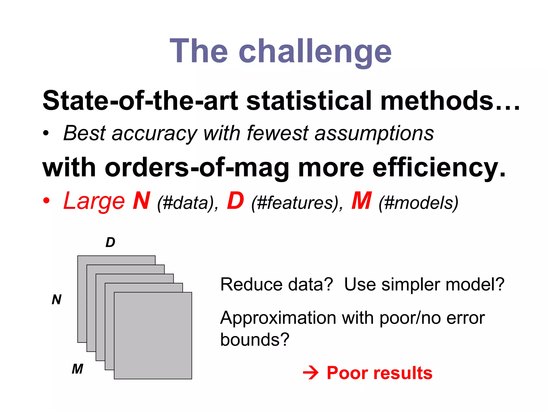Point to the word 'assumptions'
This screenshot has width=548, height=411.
(x=374, y=134)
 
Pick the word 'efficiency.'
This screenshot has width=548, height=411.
(x=439, y=168)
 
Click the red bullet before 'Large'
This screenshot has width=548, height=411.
(x=46, y=201)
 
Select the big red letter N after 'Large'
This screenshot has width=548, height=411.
(x=141, y=201)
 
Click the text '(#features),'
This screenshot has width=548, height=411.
(x=297, y=203)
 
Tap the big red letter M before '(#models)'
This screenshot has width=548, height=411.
(x=361, y=201)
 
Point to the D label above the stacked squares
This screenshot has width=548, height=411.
(x=110, y=242)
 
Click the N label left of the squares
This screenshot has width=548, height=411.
(x=56, y=299)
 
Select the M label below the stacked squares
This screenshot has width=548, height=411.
(x=77, y=369)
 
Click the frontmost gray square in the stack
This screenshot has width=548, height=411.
(x=153, y=336)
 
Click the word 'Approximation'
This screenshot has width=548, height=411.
(x=278, y=318)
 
